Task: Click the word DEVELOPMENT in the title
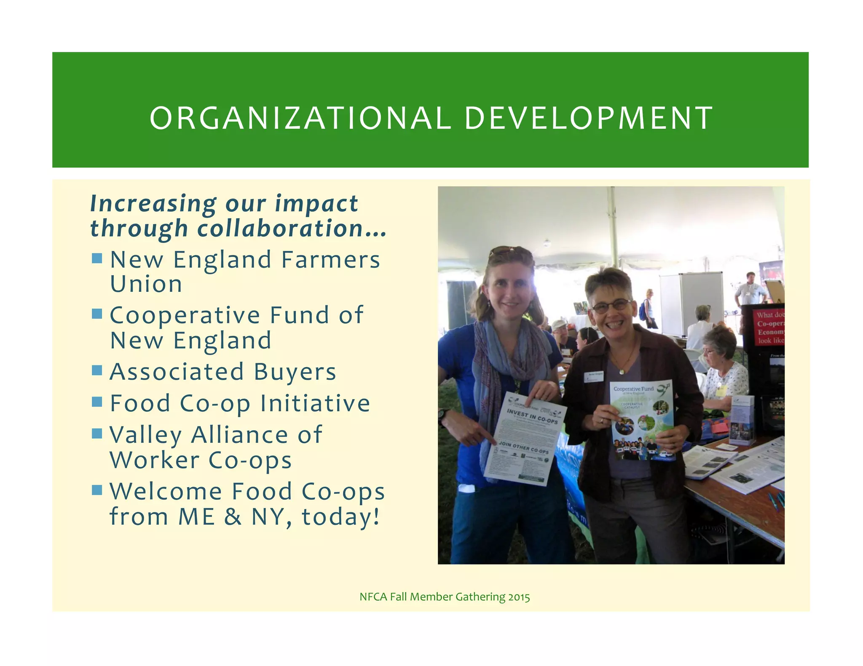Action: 588,118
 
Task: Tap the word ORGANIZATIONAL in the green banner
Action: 300,118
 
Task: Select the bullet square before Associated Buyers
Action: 97,370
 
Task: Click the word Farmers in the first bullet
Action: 331,260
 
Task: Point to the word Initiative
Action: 315,403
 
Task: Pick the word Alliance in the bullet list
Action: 240,434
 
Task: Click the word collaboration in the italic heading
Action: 280,229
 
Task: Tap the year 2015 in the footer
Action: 519,597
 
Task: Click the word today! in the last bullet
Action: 340,517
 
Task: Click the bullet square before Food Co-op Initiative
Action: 97,402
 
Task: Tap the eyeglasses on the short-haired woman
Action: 611,306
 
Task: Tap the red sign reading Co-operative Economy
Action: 769,328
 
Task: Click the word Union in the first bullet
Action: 146,285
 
